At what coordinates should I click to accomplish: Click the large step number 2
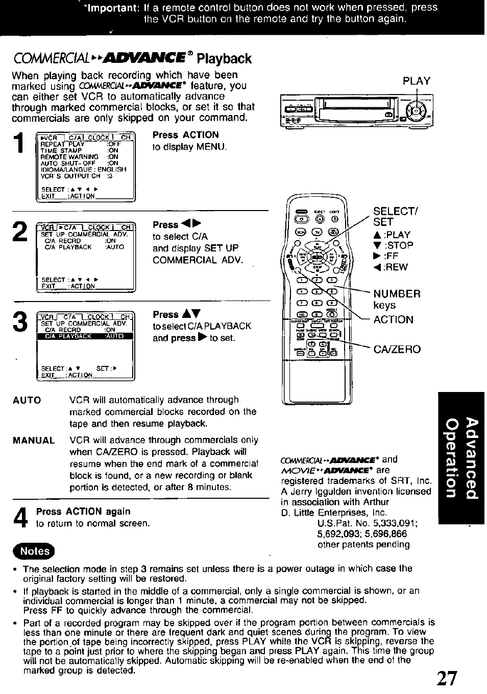point(20,232)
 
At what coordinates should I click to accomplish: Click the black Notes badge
point(35,551)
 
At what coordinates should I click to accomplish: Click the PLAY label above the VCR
point(417,81)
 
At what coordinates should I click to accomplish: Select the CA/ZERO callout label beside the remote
point(397,349)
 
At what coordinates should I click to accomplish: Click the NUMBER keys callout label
point(397,299)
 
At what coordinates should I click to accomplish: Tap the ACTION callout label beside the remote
point(393,319)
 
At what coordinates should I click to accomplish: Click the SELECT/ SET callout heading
point(396,217)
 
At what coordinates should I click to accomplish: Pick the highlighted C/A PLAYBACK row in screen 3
point(84,336)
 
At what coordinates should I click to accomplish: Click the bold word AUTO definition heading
point(27,400)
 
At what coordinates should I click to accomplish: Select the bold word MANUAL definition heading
point(33,441)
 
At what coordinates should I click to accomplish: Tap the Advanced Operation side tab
point(460,457)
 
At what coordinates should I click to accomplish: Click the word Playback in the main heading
point(225,58)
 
